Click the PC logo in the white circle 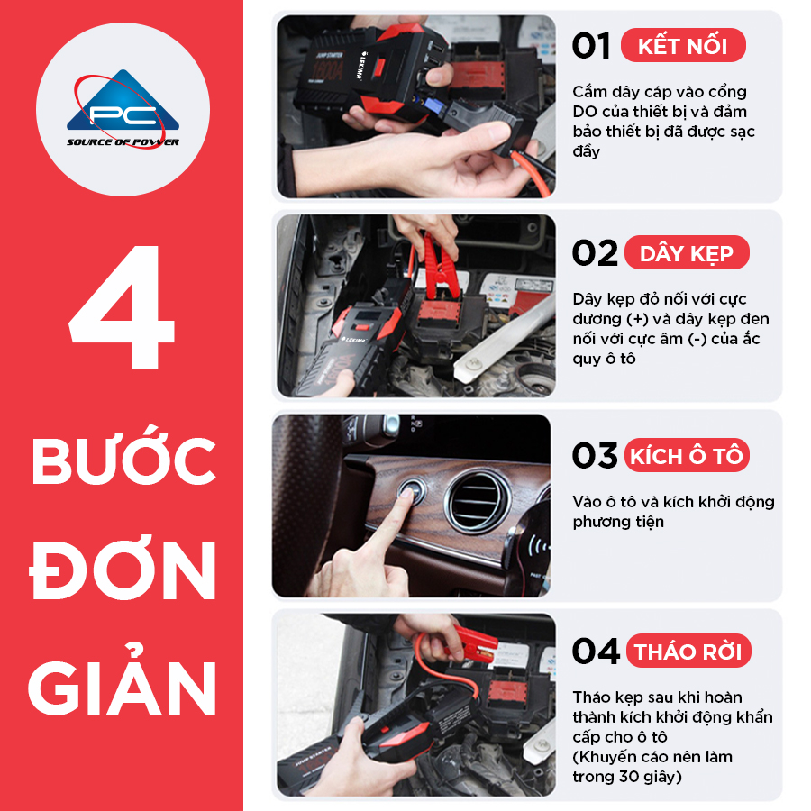point(123,109)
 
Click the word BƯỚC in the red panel point(123,455)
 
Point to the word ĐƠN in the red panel point(122,570)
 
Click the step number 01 point(590,46)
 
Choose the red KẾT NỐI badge point(683,46)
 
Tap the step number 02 point(595,253)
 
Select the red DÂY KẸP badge point(687,253)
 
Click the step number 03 point(595,456)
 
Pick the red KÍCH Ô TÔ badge point(687,456)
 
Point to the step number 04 point(596,651)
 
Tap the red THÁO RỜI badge point(688,651)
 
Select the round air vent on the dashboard point(477,502)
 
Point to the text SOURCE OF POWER point(123,142)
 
